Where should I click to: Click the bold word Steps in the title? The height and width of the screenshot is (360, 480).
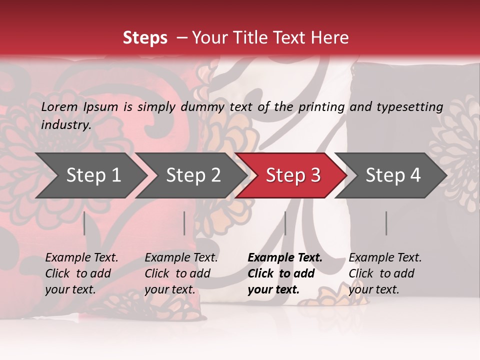pos(145,38)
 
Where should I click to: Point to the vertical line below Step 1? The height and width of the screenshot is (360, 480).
pos(84,223)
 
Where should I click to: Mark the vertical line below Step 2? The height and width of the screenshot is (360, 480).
pos(184,223)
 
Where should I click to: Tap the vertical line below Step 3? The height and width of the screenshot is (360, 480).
pos(285,223)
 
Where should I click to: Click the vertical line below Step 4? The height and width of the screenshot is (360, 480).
pos(386,223)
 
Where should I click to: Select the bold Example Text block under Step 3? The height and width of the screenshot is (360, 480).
pos(285,273)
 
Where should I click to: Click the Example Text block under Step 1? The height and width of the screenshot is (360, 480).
pos(81,273)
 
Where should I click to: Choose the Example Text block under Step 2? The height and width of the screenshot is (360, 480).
pos(181,273)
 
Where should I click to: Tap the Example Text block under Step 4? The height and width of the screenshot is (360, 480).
pos(385,273)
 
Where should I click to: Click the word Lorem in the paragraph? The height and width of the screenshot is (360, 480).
pos(59,106)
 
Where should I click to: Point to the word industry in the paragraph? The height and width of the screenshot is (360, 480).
pos(66,124)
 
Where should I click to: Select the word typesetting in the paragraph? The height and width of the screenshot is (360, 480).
pos(409,106)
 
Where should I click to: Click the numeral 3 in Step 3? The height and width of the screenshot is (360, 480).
pos(315,175)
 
